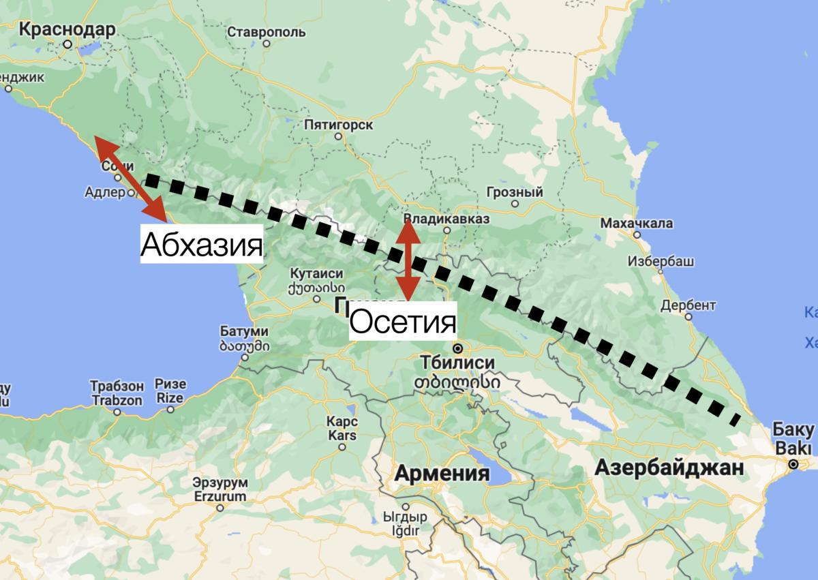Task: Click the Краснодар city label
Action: tap(67, 29)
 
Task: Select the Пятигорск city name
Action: tap(339, 125)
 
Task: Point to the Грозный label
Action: tap(515, 193)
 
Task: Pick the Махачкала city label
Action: tap(636, 223)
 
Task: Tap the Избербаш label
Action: tap(661, 261)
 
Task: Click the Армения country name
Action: tap(443, 473)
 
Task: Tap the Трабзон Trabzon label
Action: tap(117, 393)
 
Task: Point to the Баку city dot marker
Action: tap(793, 464)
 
